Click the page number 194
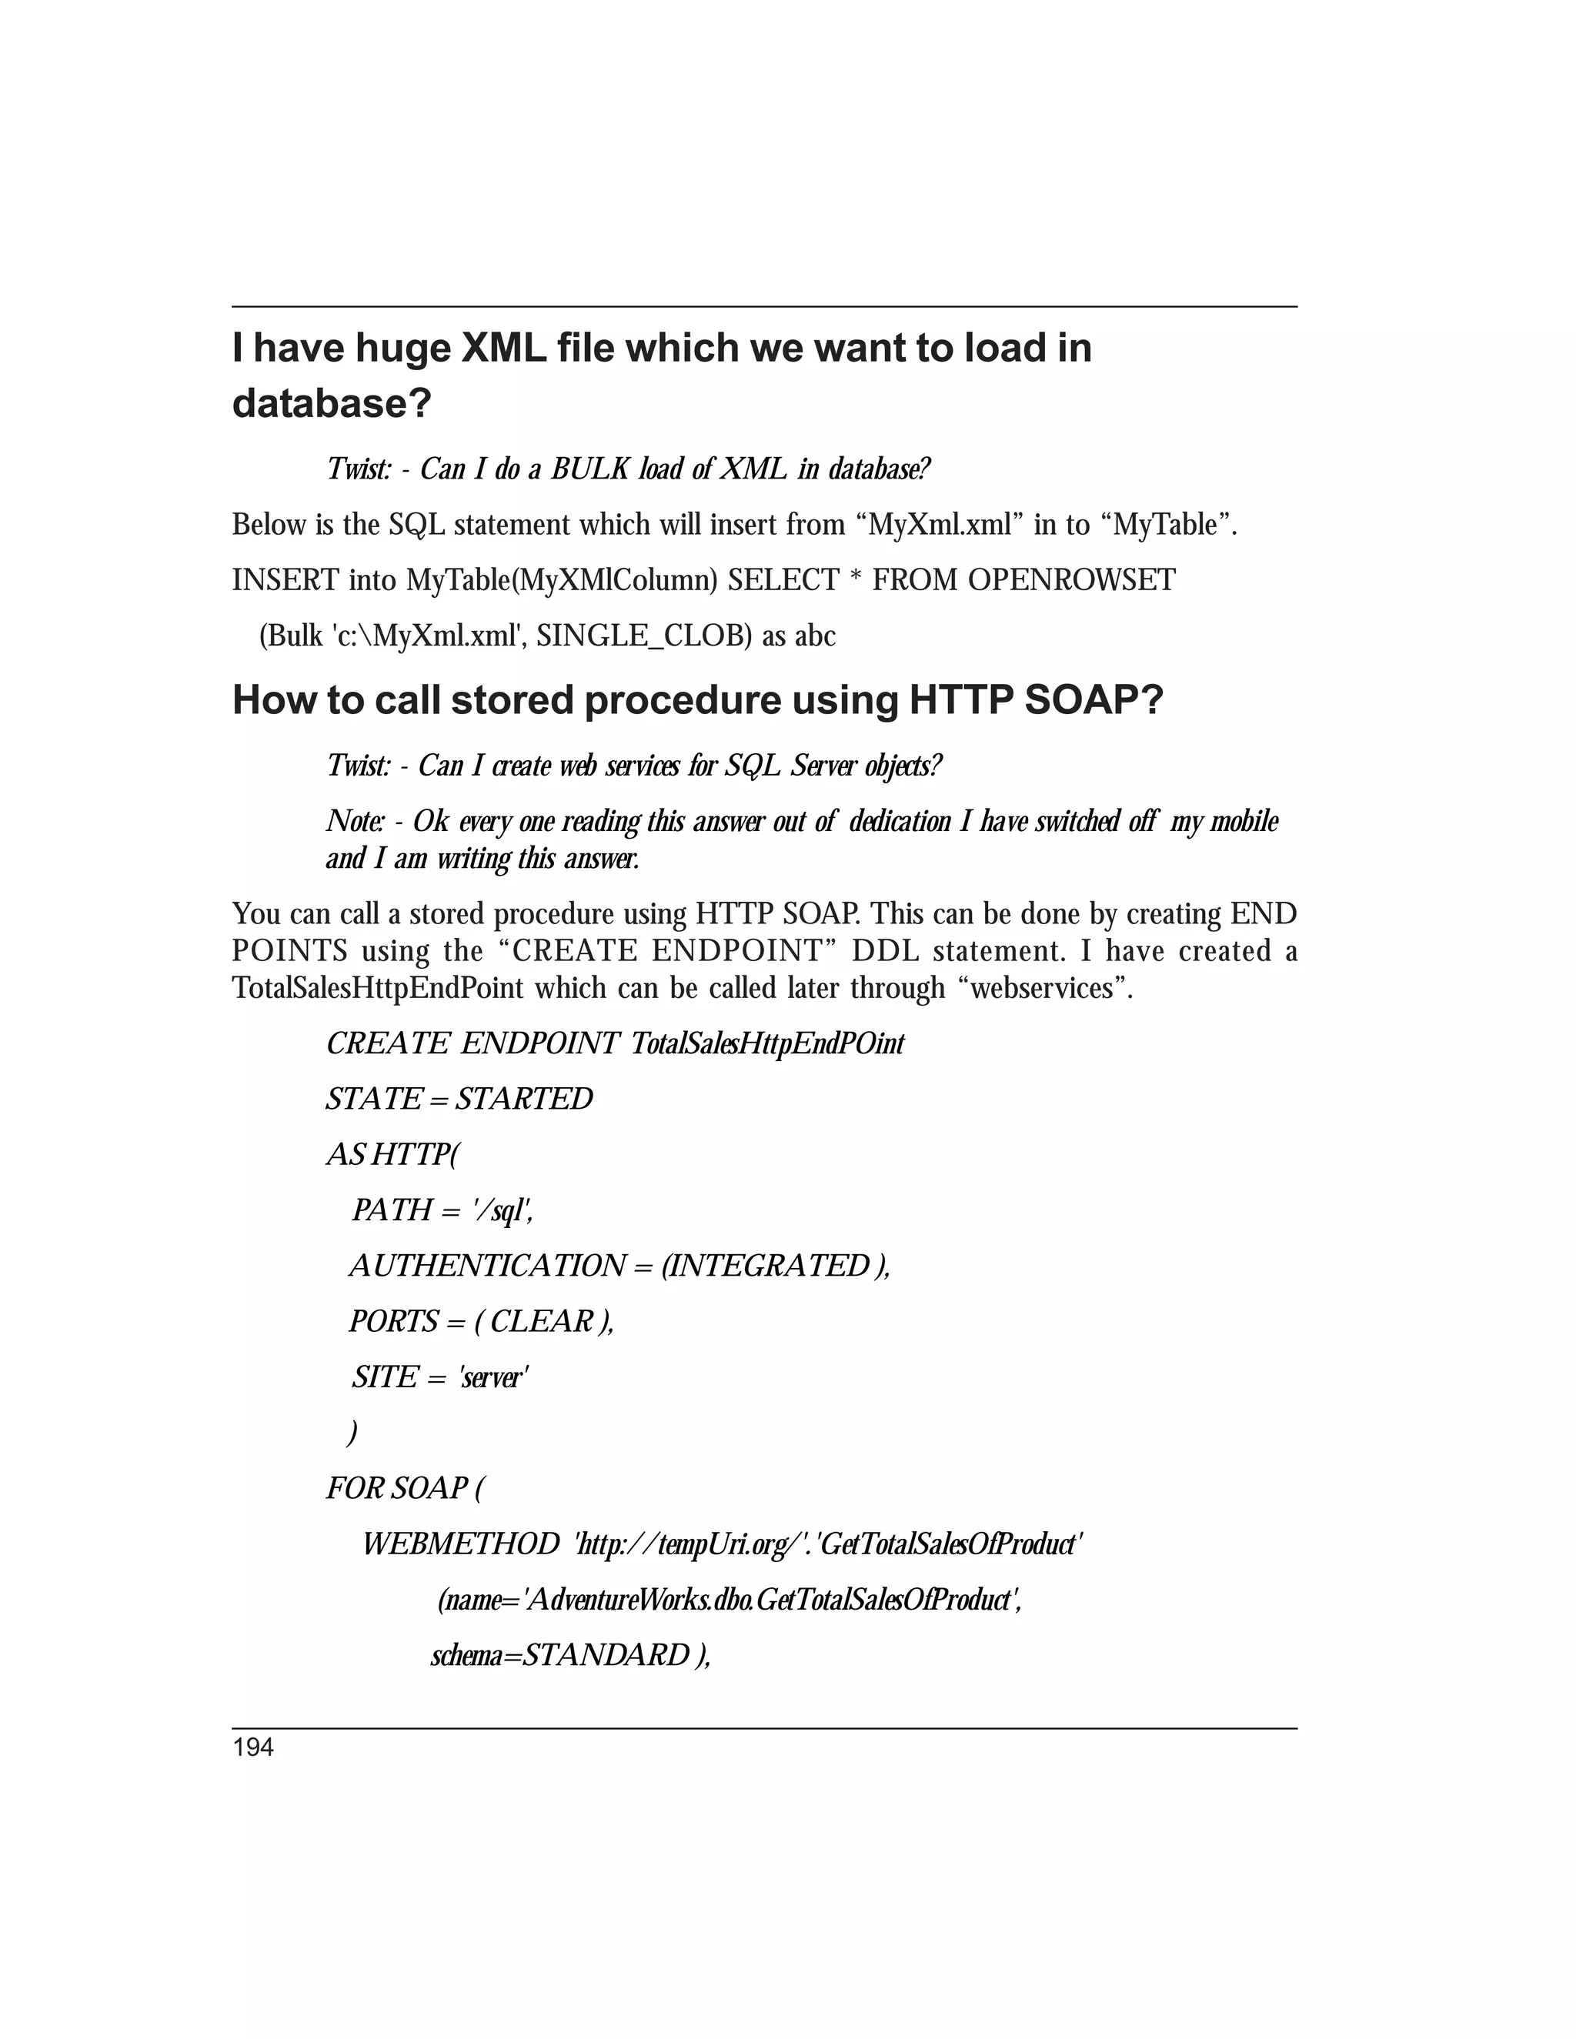(253, 1747)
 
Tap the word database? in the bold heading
(332, 404)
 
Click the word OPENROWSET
(1071, 581)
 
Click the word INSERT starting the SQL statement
(285, 581)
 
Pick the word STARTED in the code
(525, 1099)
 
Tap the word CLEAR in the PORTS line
(542, 1322)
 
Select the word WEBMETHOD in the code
(460, 1544)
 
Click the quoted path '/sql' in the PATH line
(503, 1211)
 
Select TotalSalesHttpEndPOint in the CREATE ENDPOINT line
(767, 1044)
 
